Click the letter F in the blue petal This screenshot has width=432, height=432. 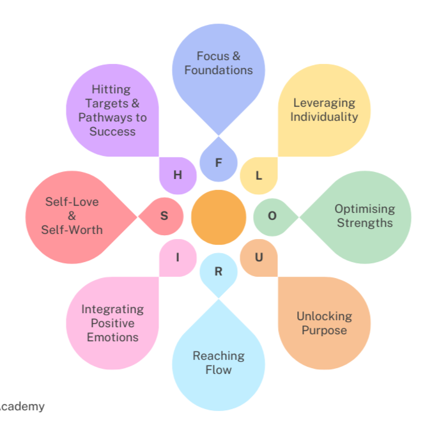(219, 162)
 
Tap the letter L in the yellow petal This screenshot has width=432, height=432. (259, 175)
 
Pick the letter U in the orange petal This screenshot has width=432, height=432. (259, 258)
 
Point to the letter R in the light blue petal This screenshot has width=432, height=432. (219, 271)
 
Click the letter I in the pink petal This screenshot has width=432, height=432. (178, 258)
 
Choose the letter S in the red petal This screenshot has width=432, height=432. (164, 215)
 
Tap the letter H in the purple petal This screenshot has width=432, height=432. (178, 174)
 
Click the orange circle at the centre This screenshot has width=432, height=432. (219, 217)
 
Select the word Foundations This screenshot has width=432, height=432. (219, 70)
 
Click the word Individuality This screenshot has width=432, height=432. (324, 116)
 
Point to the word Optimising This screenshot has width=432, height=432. (365, 208)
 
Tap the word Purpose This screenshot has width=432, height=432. (324, 330)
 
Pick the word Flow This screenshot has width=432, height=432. (219, 370)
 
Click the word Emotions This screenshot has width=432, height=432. (112, 337)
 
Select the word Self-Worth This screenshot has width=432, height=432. (72, 229)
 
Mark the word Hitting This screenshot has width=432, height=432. (111, 89)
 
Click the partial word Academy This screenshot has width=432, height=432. (22, 406)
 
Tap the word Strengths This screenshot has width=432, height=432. (365, 222)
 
